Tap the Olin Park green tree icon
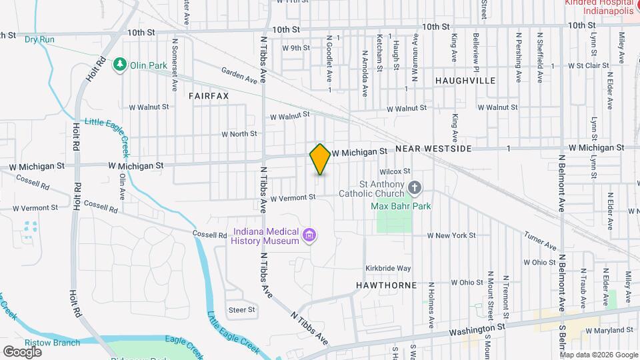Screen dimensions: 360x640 (120, 64)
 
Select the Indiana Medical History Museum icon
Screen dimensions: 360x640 (309, 235)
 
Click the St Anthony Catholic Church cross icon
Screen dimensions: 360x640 (415, 188)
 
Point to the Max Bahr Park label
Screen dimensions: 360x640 (401, 206)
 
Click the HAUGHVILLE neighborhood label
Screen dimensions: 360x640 (465, 80)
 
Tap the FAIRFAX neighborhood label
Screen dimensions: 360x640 (209, 96)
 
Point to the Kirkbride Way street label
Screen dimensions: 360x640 (388, 268)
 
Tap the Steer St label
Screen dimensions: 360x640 (242, 309)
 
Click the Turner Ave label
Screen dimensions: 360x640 (540, 242)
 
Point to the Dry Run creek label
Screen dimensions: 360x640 (39, 39)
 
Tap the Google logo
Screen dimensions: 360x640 (22, 351)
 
